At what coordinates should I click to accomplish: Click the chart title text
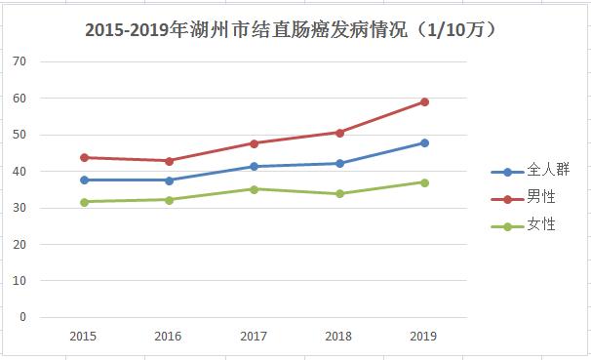pyautogui.click(x=294, y=30)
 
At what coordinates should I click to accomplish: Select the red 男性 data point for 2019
pyautogui.click(x=424, y=101)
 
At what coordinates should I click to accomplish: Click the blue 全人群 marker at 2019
pyautogui.click(x=424, y=142)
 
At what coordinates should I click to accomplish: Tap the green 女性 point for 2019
pyautogui.click(x=424, y=182)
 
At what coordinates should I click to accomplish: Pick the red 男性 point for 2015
pyautogui.click(x=84, y=157)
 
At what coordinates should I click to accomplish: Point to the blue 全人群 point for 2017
pyautogui.click(x=255, y=167)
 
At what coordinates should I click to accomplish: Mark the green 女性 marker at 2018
pyautogui.click(x=339, y=193)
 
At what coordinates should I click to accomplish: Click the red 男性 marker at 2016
pyautogui.click(x=169, y=161)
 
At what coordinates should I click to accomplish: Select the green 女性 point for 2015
pyautogui.click(x=84, y=202)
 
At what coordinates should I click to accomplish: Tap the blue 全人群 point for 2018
pyautogui.click(x=339, y=163)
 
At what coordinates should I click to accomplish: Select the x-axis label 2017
pyautogui.click(x=255, y=337)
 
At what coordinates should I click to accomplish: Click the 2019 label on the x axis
pyautogui.click(x=424, y=337)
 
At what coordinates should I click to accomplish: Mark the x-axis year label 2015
pyautogui.click(x=84, y=337)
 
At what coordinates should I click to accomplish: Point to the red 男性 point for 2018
pyautogui.click(x=339, y=133)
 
